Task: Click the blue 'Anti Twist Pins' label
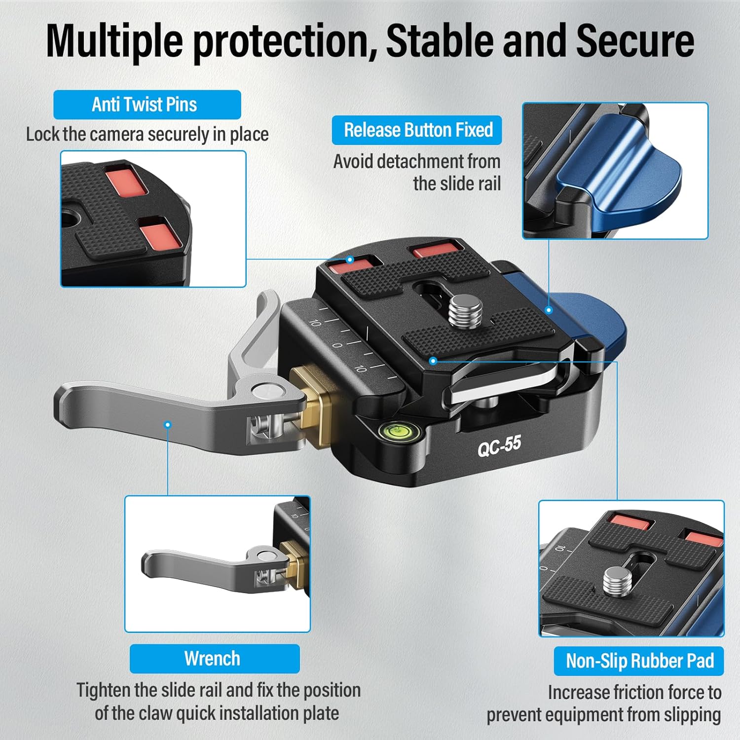pos(147,105)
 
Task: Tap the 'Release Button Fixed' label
pos(417,130)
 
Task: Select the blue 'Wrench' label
pos(215,659)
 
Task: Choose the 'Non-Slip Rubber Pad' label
pos(639,661)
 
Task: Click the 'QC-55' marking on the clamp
pos(499,445)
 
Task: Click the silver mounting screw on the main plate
pos(467,310)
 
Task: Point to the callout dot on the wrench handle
pos(168,424)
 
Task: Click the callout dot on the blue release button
pos(549,310)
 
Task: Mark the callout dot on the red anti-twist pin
pos(350,259)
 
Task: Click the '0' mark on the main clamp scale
pos(337,345)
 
